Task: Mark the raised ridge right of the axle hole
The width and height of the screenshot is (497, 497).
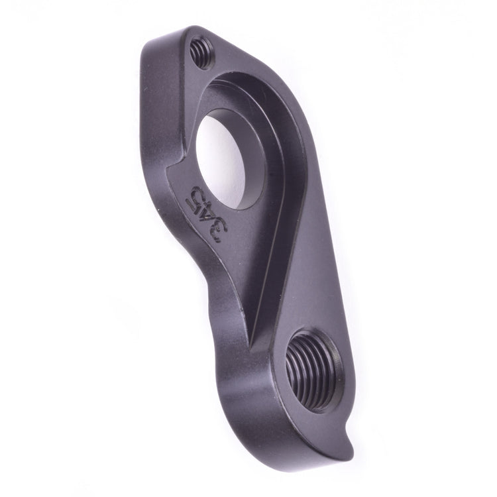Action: (x=278, y=166)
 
